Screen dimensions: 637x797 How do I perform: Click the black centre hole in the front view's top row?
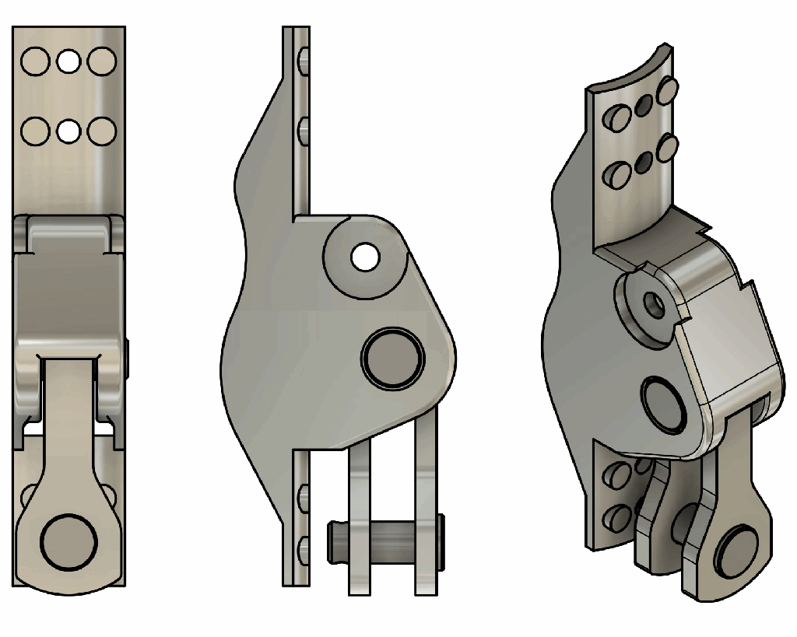coord(68,61)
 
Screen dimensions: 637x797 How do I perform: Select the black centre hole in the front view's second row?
coord(68,131)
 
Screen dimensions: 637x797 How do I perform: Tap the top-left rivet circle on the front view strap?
coord(35,61)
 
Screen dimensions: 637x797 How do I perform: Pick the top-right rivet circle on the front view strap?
coord(102,61)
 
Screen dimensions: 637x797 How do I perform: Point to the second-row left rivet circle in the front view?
coord(35,131)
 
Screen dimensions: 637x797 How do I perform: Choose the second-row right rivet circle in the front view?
coord(102,131)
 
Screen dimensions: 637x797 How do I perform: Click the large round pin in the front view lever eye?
coord(69,541)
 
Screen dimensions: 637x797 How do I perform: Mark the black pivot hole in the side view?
coord(363,255)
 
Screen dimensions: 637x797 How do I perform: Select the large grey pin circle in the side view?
coord(393,357)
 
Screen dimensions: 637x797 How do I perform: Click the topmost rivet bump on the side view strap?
coord(303,58)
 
